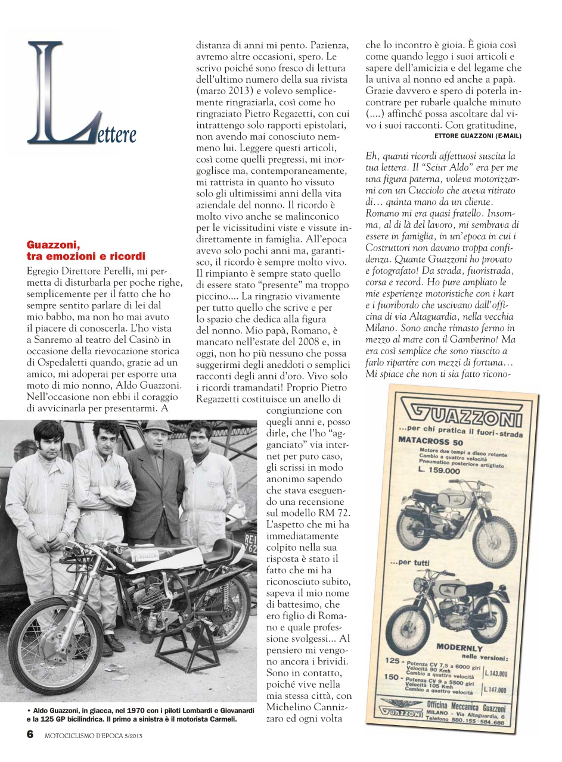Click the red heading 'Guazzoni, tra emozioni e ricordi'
coord(86,251)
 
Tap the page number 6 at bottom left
coord(29,734)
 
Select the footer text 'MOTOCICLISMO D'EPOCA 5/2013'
coord(94,735)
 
